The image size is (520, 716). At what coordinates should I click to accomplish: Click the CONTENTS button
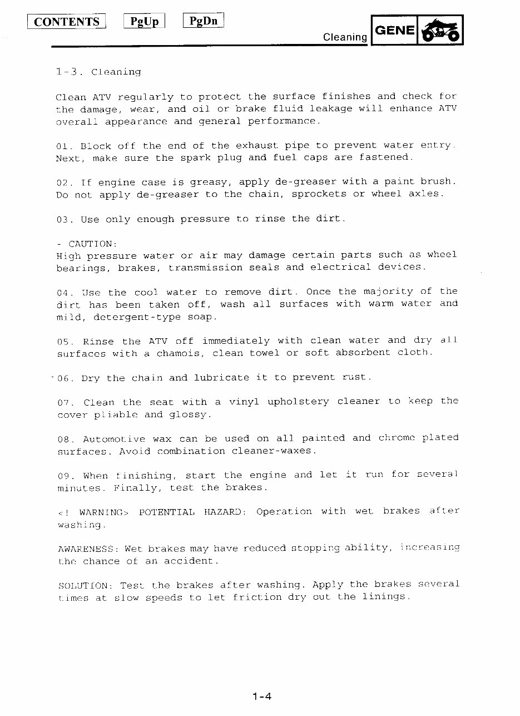[67, 22]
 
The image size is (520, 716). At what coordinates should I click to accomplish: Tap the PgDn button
[204, 21]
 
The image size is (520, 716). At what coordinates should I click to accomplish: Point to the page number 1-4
[261, 696]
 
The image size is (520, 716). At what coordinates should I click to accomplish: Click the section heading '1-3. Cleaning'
[98, 72]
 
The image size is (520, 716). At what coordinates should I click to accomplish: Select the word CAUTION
[92, 244]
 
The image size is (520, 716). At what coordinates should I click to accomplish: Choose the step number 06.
[63, 378]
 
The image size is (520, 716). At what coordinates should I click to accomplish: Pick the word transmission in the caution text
[205, 268]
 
